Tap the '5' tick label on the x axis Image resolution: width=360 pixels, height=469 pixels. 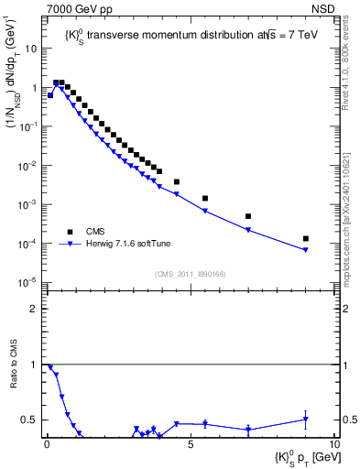[x=190, y=444]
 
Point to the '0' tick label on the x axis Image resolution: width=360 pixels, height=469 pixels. [x=48, y=444]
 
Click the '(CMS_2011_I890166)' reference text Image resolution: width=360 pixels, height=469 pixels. [x=191, y=274]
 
